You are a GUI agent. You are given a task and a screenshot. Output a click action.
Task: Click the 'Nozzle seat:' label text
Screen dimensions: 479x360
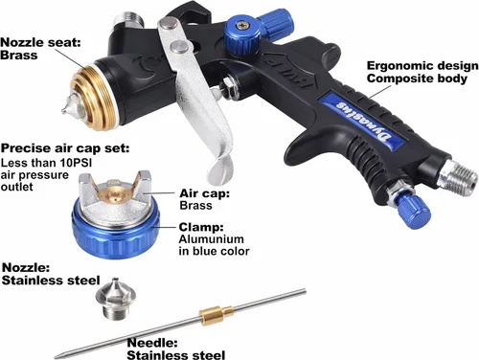coord(41,42)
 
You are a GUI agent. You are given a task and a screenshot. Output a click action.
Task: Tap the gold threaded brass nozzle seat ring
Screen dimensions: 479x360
coord(93,98)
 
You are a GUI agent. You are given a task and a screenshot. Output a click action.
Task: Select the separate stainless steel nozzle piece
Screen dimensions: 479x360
coord(116,299)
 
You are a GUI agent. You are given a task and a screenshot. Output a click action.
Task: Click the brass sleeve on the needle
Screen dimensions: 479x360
coord(217,313)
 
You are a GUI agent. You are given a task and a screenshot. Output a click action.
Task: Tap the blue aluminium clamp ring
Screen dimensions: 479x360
coord(116,233)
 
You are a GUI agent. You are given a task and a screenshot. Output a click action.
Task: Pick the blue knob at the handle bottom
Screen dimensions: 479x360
coord(415,212)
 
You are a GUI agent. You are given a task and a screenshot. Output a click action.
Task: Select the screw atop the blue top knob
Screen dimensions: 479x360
coord(240,24)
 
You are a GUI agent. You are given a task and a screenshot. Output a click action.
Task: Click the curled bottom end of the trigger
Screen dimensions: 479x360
coord(220,169)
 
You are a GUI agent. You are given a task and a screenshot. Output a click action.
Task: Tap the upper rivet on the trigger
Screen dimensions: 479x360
coord(169,23)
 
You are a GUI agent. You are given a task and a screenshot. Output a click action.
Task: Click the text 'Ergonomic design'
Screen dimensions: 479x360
coord(422,66)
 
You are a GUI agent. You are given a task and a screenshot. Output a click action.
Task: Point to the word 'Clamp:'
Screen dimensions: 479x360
coord(201,227)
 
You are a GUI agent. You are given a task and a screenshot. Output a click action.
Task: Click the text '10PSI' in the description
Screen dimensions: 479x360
coord(72,163)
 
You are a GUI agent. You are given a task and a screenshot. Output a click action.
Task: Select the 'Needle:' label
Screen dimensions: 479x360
coord(152,343)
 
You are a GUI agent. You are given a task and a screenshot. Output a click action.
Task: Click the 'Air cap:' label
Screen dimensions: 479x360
coord(205,193)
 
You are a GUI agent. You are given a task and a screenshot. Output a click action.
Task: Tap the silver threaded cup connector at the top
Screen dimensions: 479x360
coord(128,19)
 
